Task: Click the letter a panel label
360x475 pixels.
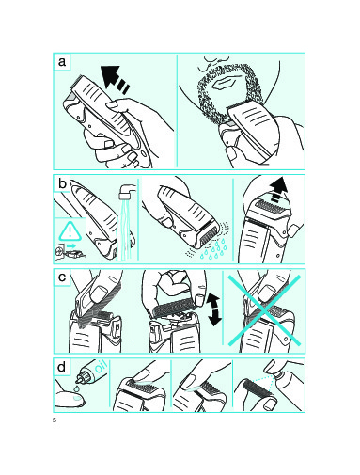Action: click(62, 61)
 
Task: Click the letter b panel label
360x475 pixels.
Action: click(62, 183)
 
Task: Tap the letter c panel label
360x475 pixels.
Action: click(62, 277)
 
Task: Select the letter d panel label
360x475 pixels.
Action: click(62, 366)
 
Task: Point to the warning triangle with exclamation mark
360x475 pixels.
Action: click(70, 231)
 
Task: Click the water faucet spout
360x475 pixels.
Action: click(127, 192)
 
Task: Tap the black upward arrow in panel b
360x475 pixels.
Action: click(277, 189)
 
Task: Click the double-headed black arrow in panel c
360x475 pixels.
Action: click(214, 309)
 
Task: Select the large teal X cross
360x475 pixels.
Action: click(264, 310)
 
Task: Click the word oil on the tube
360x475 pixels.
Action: click(101, 366)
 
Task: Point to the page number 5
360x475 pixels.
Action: click(55, 420)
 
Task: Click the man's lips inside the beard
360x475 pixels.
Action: click(225, 83)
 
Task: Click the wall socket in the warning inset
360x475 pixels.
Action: click(60, 251)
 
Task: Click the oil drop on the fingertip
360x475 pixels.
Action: click(77, 398)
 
